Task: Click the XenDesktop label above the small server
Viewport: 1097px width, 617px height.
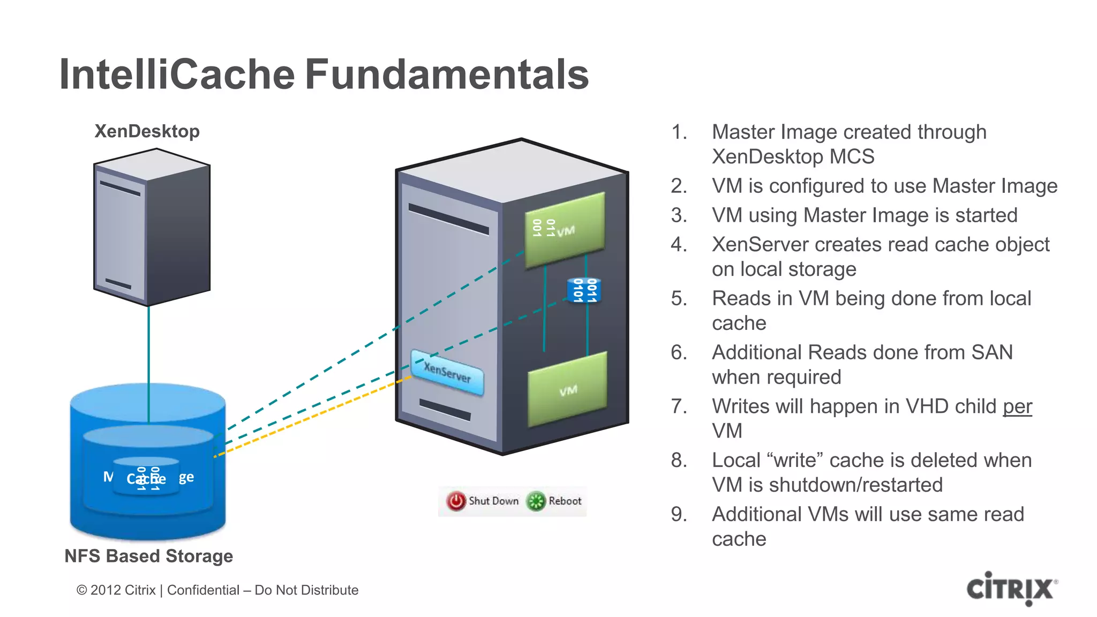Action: [147, 131]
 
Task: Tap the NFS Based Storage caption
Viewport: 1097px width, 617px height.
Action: [148, 556]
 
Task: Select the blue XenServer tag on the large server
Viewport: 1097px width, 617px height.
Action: [447, 372]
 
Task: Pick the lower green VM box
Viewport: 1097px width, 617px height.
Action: [568, 389]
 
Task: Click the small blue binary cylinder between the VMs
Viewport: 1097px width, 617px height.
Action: [584, 290]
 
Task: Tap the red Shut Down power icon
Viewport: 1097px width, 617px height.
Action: [456, 501]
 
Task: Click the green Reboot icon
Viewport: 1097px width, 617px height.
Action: [536, 501]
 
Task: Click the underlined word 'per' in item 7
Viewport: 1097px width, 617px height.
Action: [1017, 407]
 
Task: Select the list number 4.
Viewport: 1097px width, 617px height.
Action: [679, 245]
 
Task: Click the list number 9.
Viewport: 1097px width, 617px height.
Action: [679, 515]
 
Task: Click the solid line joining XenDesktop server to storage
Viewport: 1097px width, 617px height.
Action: [149, 348]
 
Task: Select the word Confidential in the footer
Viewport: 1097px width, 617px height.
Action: [203, 590]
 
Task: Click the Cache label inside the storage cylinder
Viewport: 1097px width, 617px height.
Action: [146, 478]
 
